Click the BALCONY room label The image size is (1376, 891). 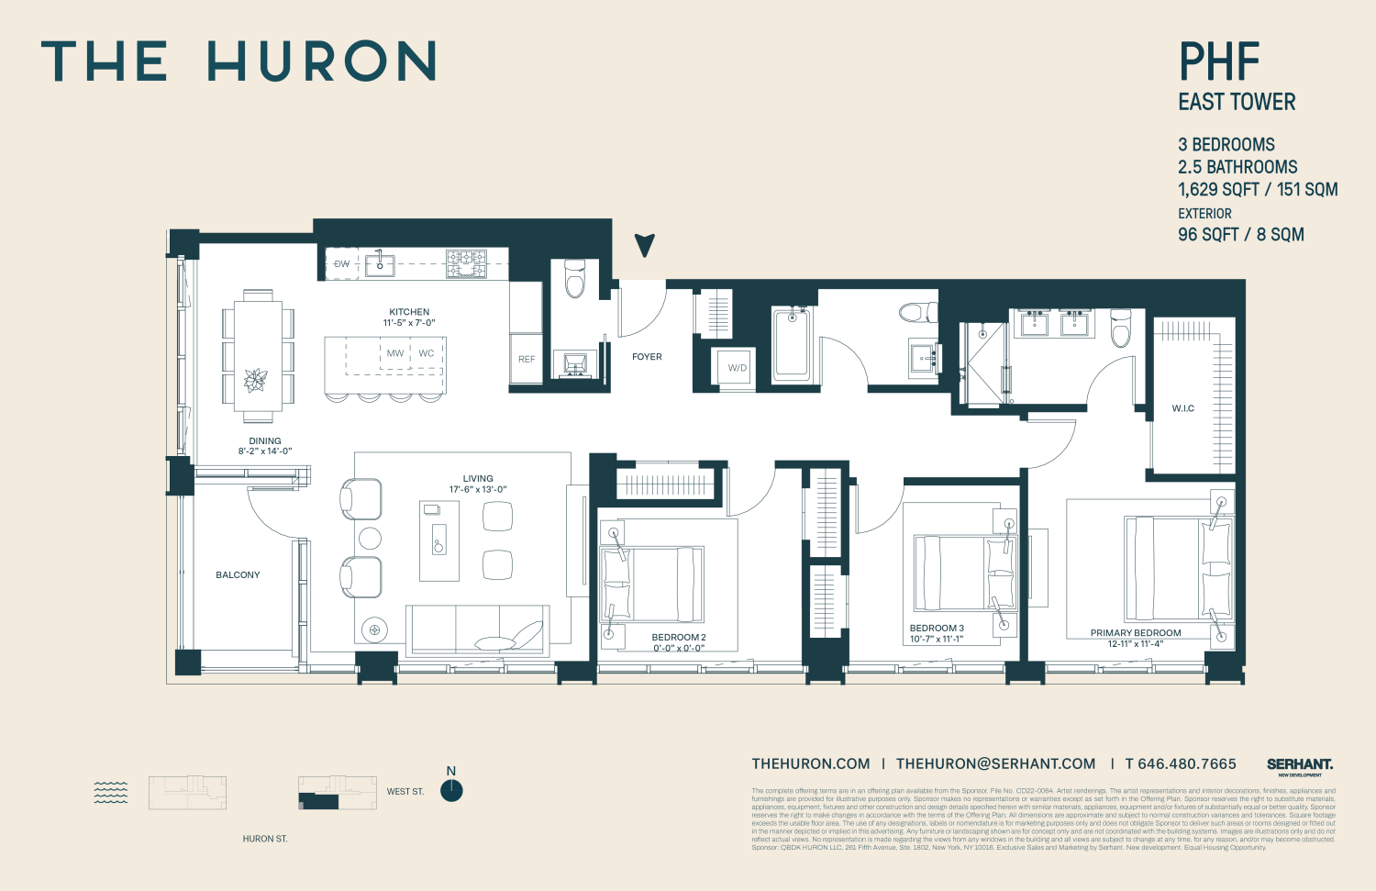pyautogui.click(x=238, y=575)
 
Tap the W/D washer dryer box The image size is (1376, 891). pyautogui.click(x=738, y=368)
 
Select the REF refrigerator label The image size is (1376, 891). pyautogui.click(x=527, y=359)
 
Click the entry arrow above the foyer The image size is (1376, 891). pyautogui.click(x=645, y=245)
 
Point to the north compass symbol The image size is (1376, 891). pyautogui.click(x=451, y=790)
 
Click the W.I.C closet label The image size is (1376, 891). pyautogui.click(x=1183, y=408)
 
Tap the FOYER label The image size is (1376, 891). pyautogui.click(x=647, y=357)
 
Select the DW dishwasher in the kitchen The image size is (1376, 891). pyautogui.click(x=342, y=264)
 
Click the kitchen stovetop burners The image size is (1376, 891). pyautogui.click(x=466, y=263)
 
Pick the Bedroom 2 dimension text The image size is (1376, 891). pyautogui.click(x=679, y=649)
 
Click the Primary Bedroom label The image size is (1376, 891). pyautogui.click(x=1136, y=633)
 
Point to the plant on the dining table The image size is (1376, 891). pyautogui.click(x=256, y=379)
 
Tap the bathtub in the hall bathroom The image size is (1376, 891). pyautogui.click(x=792, y=344)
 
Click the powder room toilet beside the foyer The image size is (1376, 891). pyautogui.click(x=575, y=279)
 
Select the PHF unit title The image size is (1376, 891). pyautogui.click(x=1219, y=62)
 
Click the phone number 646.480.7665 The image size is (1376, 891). pyautogui.click(x=1181, y=764)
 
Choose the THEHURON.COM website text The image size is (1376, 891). pyautogui.click(x=811, y=764)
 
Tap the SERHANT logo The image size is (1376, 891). pyautogui.click(x=1300, y=765)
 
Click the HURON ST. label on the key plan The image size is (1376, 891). pyautogui.click(x=265, y=839)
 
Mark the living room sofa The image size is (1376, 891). pyautogui.click(x=478, y=630)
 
